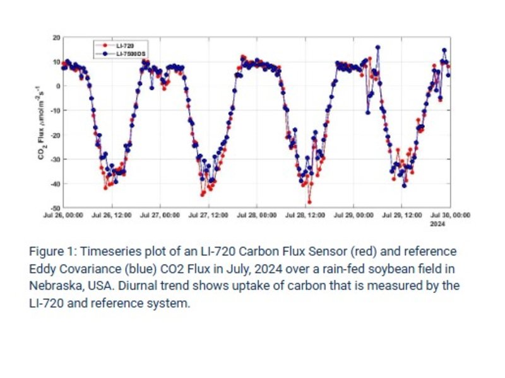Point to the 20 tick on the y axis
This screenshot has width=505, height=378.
click(56, 38)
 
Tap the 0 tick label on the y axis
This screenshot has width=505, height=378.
click(57, 86)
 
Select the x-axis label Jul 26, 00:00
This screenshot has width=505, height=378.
click(64, 215)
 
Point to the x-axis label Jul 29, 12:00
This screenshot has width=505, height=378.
click(402, 215)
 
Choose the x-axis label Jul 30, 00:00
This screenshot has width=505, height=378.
click(450, 215)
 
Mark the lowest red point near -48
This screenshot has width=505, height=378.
click(309, 202)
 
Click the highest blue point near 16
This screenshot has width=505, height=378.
click(377, 47)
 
